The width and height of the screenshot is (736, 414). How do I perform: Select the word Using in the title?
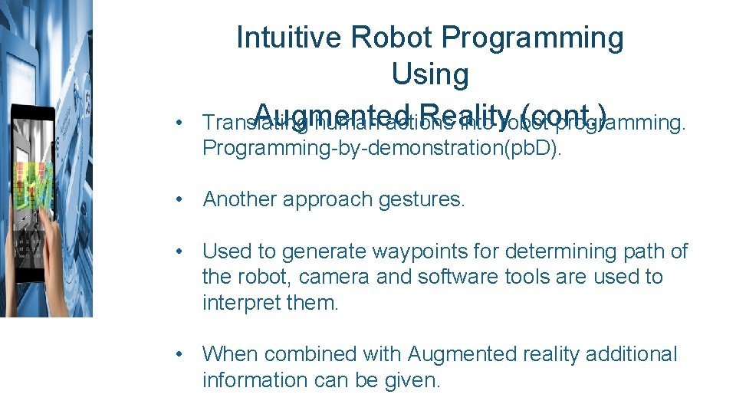click(429, 74)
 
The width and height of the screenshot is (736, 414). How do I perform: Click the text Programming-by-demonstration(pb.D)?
click(382, 148)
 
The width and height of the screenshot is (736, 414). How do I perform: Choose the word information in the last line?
click(257, 380)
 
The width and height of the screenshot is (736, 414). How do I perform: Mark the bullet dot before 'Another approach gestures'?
click(178, 200)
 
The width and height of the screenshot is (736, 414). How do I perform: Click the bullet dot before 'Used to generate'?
click(178, 252)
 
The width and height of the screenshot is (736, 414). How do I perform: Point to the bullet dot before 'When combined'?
click(178, 355)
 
